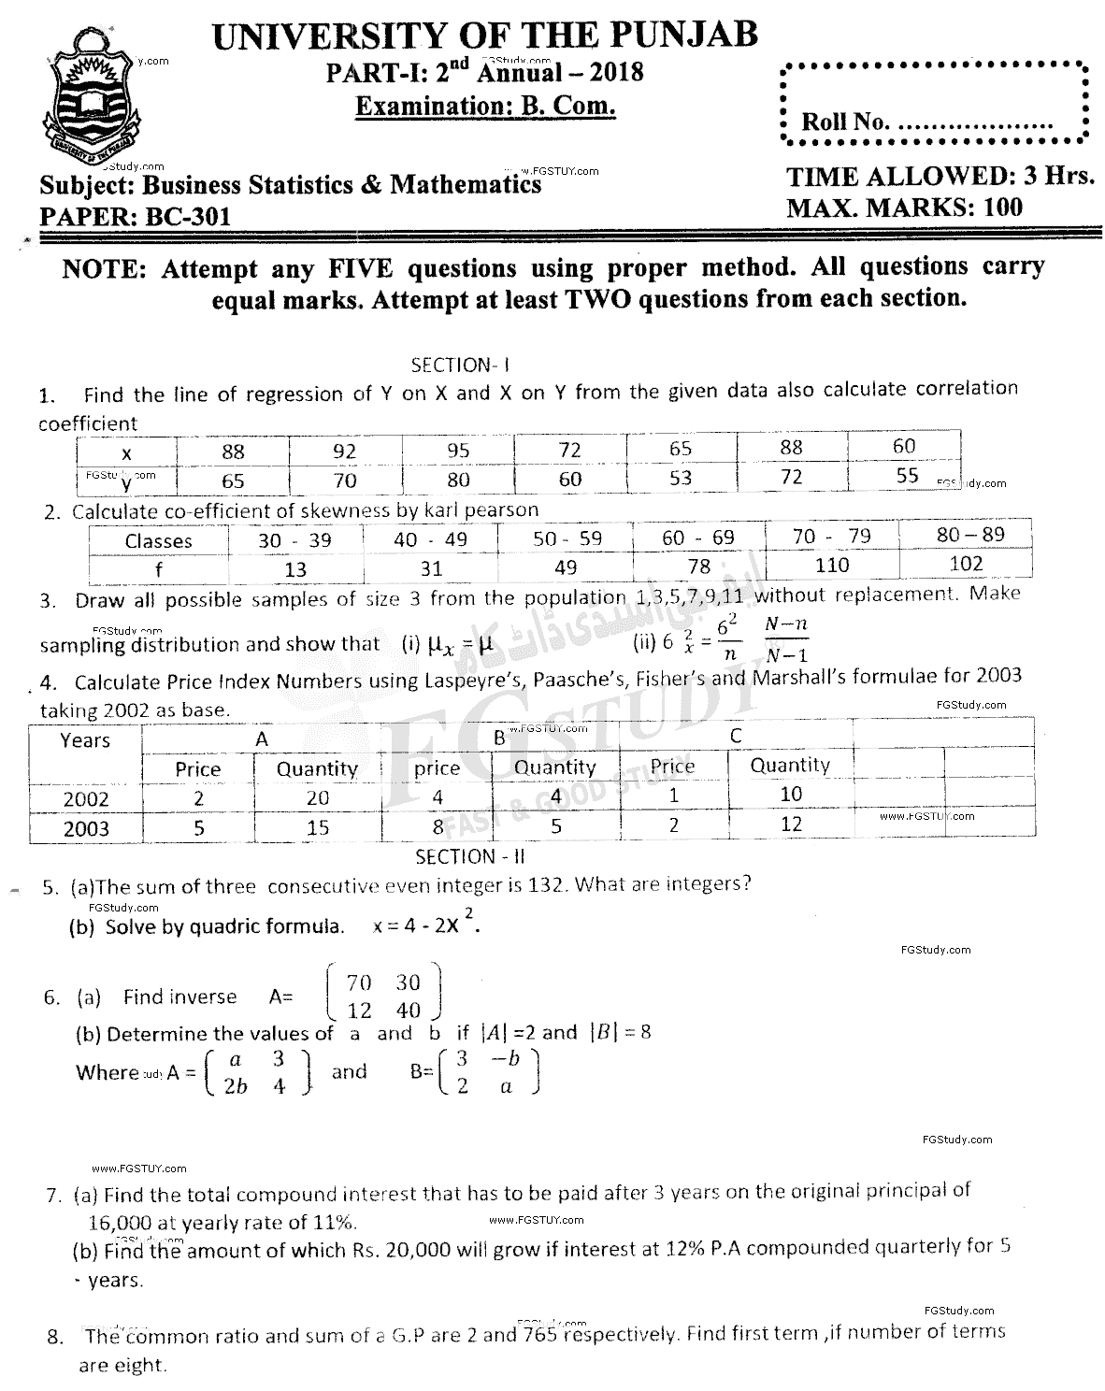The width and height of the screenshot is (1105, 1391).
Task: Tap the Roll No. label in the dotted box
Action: pyautogui.click(x=846, y=122)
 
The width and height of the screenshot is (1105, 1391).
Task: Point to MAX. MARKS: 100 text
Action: pyautogui.click(x=904, y=208)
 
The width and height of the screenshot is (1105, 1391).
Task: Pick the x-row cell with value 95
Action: pyautogui.click(x=457, y=451)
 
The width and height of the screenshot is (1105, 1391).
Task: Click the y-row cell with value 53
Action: pyautogui.click(x=681, y=478)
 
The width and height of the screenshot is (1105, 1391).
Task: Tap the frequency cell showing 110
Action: pyautogui.click(x=831, y=565)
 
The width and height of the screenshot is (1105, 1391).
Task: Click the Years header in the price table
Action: pyautogui.click(x=85, y=740)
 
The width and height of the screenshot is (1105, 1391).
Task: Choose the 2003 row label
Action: pyautogui.click(x=86, y=828)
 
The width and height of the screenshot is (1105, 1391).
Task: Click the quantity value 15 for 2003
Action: pyautogui.click(x=318, y=827)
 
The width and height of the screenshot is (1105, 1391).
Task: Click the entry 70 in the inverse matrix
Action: pyautogui.click(x=358, y=982)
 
